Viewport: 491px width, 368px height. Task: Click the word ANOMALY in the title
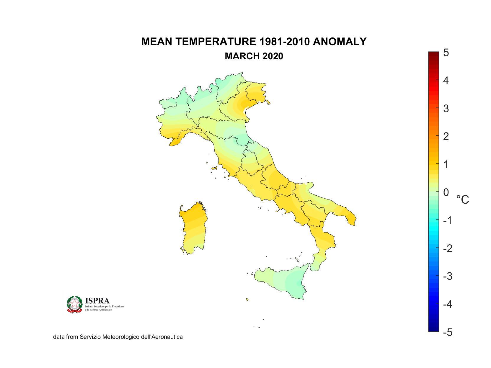coord(340,42)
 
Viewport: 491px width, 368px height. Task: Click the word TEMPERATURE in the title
coord(216,42)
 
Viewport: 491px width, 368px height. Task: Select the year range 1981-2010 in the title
coord(285,42)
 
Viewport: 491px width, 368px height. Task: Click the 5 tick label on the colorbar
coord(446,53)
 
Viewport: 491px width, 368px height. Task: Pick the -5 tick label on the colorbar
coord(447,332)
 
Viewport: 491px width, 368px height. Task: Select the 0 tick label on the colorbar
coord(446,192)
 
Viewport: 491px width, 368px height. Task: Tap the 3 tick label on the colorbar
coord(446,109)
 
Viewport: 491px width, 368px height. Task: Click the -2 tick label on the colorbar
coord(447,248)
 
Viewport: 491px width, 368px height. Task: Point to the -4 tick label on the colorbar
coord(447,304)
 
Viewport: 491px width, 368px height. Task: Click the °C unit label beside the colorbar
coord(463,200)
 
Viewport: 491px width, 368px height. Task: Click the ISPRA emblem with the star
coord(74,304)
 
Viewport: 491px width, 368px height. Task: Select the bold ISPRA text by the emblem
coord(97,301)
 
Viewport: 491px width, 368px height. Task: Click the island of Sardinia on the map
coord(193,227)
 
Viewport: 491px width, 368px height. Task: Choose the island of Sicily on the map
coord(283,282)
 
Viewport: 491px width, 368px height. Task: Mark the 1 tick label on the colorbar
coord(446,164)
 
